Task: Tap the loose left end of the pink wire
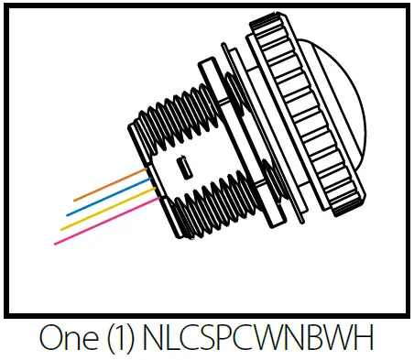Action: click(57, 243)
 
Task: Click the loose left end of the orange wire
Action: click(75, 199)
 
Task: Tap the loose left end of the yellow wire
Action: click(62, 229)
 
